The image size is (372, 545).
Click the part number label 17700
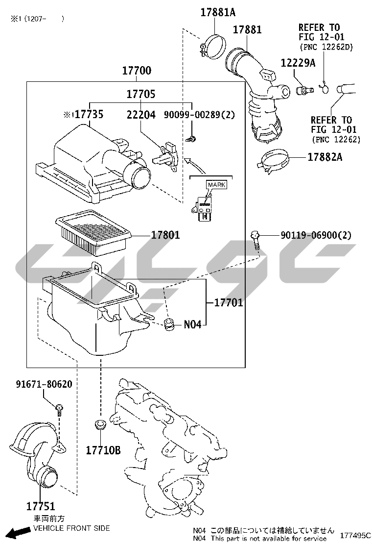[137, 71]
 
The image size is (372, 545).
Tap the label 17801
[165, 235]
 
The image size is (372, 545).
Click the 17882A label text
[325, 157]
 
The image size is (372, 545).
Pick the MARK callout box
[216, 185]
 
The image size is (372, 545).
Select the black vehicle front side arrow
[19, 532]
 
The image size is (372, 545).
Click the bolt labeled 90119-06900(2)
[256, 240]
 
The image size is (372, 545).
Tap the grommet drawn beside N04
[169, 324]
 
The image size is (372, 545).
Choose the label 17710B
[103, 450]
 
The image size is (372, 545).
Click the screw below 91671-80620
[59, 409]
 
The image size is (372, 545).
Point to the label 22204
[141, 114]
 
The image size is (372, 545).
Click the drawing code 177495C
[355, 535]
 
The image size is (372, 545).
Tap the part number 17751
[41, 506]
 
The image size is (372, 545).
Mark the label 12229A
[298, 63]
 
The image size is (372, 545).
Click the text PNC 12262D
[326, 47]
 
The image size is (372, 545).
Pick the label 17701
[228, 302]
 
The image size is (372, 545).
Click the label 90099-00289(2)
[199, 114]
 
